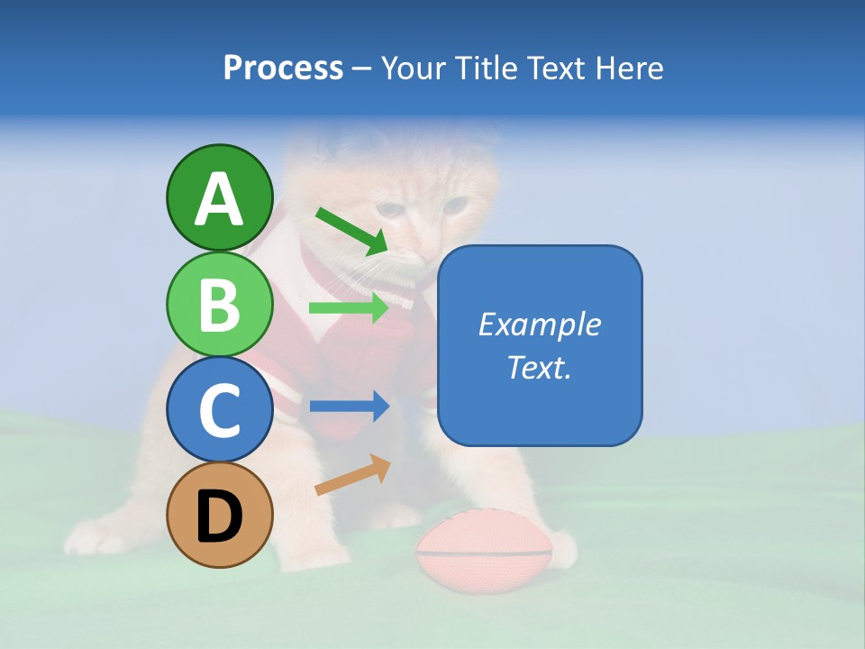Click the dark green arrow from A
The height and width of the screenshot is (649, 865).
(x=351, y=231)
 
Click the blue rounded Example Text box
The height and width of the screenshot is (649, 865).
(x=540, y=345)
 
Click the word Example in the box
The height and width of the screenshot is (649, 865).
(x=540, y=324)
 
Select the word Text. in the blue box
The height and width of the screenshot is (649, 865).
(x=540, y=368)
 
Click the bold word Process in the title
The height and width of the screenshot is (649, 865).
(x=283, y=68)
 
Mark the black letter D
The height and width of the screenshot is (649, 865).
(x=220, y=516)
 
